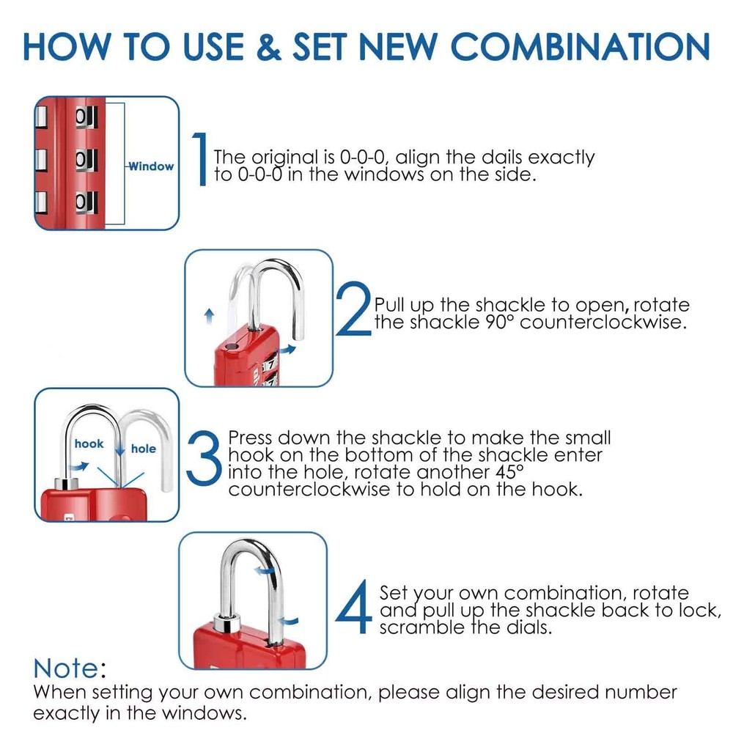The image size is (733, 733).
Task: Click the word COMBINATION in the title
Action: pyautogui.click(x=580, y=45)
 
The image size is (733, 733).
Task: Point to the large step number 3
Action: pyautogui.click(x=204, y=459)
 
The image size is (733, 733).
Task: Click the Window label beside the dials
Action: pyautogui.click(x=151, y=166)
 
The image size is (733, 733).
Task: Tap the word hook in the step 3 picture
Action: pyautogui.click(x=89, y=444)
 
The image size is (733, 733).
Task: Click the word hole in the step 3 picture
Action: pyautogui.click(x=144, y=449)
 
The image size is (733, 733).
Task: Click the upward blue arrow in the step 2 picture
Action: pyautogui.click(x=209, y=315)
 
